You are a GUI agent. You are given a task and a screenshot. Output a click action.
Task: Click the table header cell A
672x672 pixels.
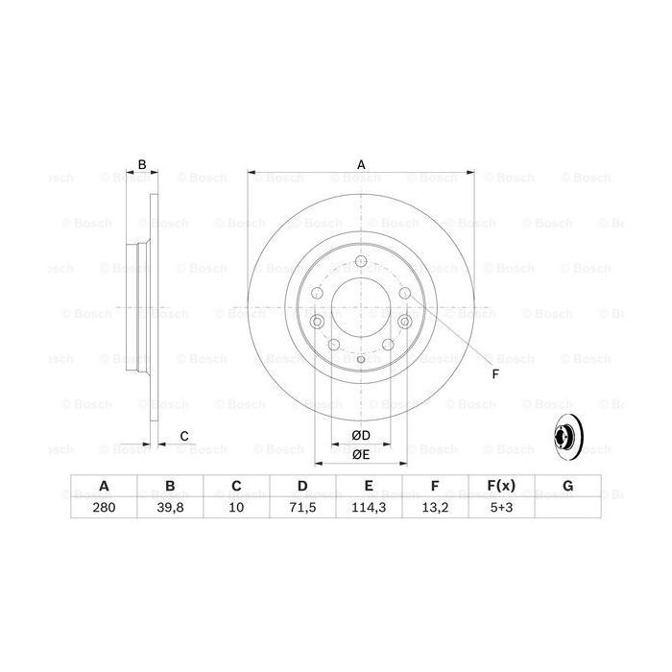coord(104,486)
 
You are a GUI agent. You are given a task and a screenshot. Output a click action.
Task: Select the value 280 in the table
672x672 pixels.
coord(104,508)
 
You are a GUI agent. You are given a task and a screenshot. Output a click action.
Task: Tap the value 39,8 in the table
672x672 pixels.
coord(170,508)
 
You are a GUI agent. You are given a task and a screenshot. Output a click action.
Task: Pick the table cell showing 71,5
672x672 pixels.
coord(302,508)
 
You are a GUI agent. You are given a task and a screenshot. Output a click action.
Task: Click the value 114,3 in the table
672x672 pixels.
coord(369,508)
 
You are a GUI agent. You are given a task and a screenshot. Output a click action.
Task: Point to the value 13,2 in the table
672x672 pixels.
coord(435,508)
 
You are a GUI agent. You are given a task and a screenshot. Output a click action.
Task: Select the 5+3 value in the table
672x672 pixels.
coord(501,508)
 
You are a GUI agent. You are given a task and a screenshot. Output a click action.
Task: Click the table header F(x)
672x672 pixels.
coord(501,486)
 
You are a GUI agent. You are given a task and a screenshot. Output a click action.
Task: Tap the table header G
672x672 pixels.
coord(567,486)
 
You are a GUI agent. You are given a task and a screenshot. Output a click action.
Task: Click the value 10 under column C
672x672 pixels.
coord(236,508)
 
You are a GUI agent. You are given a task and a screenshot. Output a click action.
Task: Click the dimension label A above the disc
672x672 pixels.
coord(361,164)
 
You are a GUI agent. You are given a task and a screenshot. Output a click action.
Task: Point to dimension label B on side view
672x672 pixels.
coord(141,164)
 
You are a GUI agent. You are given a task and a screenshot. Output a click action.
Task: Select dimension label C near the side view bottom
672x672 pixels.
coord(183,437)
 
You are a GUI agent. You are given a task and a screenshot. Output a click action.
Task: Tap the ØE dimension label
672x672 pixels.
coord(361,454)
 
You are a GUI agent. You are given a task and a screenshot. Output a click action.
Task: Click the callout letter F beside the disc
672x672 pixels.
coord(495,373)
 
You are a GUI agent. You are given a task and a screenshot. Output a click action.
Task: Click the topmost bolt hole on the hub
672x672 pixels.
coord(361,265)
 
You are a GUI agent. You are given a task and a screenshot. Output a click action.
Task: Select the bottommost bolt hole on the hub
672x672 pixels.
coord(361,357)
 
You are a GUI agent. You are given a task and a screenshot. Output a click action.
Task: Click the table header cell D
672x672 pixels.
coord(302,486)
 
